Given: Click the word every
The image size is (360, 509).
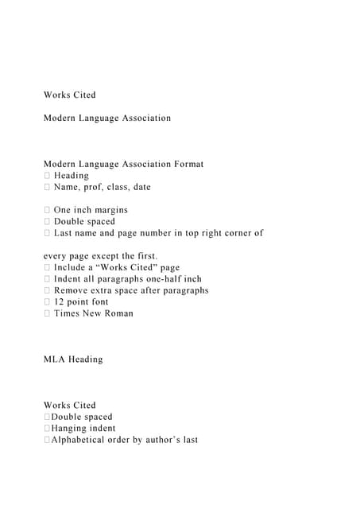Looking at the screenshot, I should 56,256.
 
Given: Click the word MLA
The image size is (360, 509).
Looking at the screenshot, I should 54,359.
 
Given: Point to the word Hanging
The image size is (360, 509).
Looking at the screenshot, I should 68,429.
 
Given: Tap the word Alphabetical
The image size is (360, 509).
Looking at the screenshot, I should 81,440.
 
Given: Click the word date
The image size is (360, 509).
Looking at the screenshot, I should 163,187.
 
